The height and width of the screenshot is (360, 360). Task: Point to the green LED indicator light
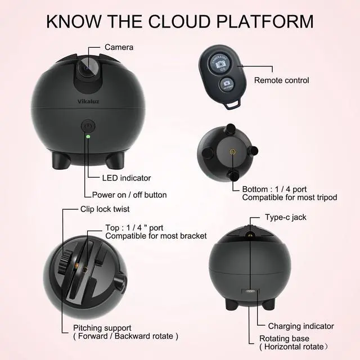tap(88, 135)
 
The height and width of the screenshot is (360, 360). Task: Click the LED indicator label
tap(127, 178)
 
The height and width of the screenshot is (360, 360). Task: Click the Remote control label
tap(281, 80)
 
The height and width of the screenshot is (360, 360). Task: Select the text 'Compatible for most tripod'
tap(289, 197)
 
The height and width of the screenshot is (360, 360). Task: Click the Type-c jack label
tap(286, 217)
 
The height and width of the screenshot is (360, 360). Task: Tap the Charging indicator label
tap(300, 326)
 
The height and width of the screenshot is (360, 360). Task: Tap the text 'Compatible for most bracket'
tap(156, 236)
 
